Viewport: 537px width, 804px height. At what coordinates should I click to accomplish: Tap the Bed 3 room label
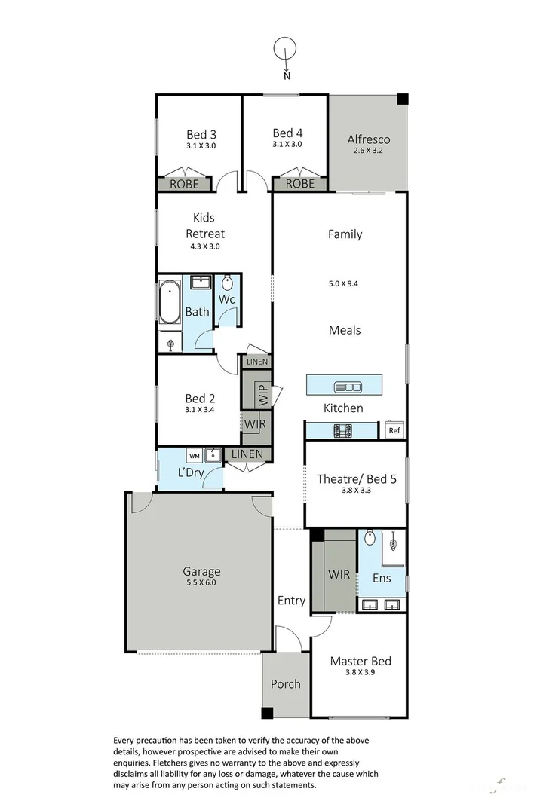pos(201,135)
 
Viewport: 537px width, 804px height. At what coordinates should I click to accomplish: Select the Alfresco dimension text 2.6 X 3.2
pos(368,151)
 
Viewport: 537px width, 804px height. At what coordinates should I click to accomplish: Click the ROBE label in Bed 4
pos(299,183)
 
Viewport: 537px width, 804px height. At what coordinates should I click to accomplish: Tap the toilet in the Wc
pos(227,285)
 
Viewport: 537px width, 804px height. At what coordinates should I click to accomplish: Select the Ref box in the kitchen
pos(393,431)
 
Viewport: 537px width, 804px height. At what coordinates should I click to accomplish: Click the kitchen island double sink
pos(348,387)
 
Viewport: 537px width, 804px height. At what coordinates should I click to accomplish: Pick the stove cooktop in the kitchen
pos(343,431)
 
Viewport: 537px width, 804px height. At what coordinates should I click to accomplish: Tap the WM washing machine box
pos(194,455)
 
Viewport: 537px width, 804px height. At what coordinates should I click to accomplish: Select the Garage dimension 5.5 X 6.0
pos(201,583)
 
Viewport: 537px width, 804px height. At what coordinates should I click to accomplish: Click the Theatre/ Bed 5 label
pos(354,478)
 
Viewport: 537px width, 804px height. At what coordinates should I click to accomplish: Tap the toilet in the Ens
pos(370,540)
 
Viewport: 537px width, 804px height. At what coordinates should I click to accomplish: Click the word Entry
pos(291,601)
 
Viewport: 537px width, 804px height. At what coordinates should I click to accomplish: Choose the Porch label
pos(285,684)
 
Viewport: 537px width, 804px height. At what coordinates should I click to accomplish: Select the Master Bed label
pos(361,661)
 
